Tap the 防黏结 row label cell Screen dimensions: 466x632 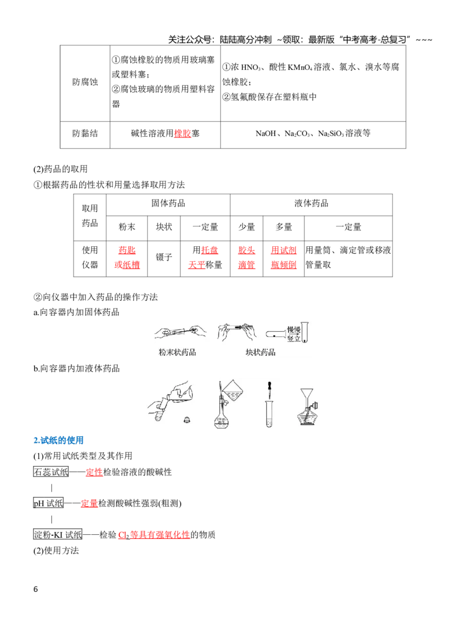tap(84, 134)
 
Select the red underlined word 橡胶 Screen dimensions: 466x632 tap(182, 133)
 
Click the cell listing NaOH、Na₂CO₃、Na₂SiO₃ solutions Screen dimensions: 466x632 tap(313, 134)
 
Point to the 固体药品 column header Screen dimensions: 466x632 tap(168, 204)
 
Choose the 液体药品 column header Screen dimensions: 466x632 tap(311, 204)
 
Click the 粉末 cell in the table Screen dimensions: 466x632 tap(126, 228)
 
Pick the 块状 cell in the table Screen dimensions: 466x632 tap(164, 228)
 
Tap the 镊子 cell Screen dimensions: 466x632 tap(164, 258)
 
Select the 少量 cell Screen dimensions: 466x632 tap(246, 228)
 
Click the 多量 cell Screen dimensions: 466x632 tap(284, 228)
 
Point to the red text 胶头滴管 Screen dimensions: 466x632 tap(246, 258)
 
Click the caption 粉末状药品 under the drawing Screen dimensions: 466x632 tap(178, 352)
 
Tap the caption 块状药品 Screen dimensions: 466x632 tap(260, 352)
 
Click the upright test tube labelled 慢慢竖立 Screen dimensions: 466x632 tap(304, 332)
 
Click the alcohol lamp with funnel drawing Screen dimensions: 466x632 tap(308, 407)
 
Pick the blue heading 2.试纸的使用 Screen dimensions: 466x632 tap(58, 441)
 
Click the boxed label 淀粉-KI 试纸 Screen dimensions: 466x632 tap(58, 534)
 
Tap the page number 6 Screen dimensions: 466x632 tap(36, 590)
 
